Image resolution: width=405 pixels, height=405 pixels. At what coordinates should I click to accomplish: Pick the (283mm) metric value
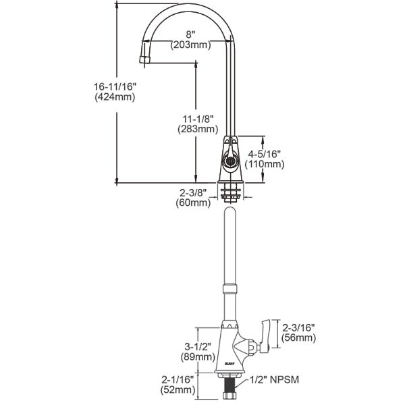point(197,128)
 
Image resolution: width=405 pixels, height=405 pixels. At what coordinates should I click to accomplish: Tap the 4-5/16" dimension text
point(265,153)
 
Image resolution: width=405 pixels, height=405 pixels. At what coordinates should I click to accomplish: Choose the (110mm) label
point(265,164)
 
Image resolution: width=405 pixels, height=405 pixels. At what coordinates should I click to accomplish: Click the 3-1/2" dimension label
point(197,346)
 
